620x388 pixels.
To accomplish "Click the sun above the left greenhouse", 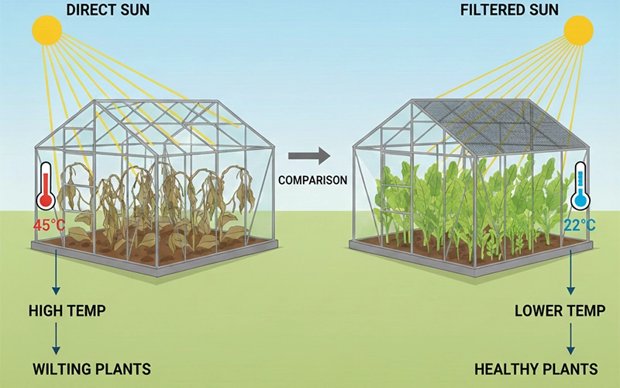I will (x=46, y=31).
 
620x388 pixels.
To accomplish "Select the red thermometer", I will (x=46, y=186).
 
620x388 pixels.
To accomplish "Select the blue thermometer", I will (x=579, y=186).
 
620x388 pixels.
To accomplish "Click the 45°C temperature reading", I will (x=47, y=227).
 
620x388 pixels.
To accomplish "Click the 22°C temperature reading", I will (x=578, y=225).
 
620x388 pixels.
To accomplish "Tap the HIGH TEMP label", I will (x=67, y=311).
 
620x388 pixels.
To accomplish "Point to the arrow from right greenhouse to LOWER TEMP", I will (x=571, y=275).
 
